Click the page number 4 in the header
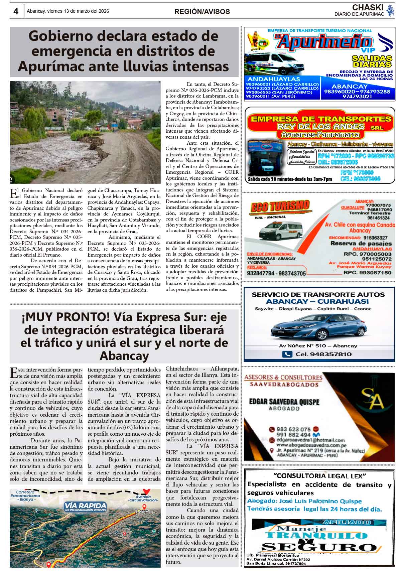[16, 11]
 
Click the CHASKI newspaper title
[368, 7]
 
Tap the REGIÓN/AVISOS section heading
[202, 12]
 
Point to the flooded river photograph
[85, 132]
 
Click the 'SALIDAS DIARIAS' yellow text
[372, 61]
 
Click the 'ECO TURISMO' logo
[280, 207]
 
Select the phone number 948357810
[331, 354]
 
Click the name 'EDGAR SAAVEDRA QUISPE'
[284, 402]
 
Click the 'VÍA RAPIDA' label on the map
[86, 507]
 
